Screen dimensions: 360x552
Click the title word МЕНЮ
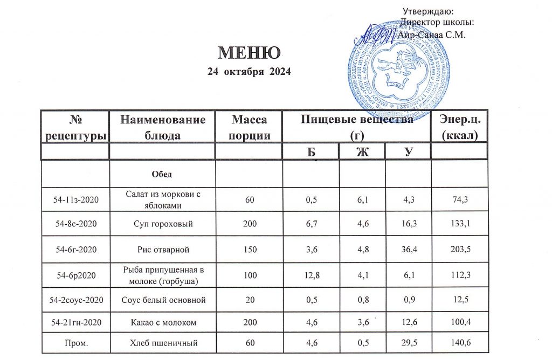[x=249, y=53]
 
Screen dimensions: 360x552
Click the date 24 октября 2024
[x=249, y=72]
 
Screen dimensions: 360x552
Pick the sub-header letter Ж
[x=362, y=153]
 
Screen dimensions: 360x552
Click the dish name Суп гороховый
[x=161, y=224]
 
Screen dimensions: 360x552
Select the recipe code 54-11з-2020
[x=75, y=199]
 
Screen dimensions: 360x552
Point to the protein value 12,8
[x=310, y=275]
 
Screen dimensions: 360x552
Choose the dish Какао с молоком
[x=161, y=322]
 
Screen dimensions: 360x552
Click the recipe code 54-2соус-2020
[x=75, y=299]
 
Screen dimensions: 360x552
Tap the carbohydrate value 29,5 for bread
[x=408, y=343]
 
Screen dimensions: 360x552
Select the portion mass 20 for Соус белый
[x=249, y=299]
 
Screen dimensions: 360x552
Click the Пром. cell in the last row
[x=75, y=343]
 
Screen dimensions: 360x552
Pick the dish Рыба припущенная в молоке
[x=161, y=275]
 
